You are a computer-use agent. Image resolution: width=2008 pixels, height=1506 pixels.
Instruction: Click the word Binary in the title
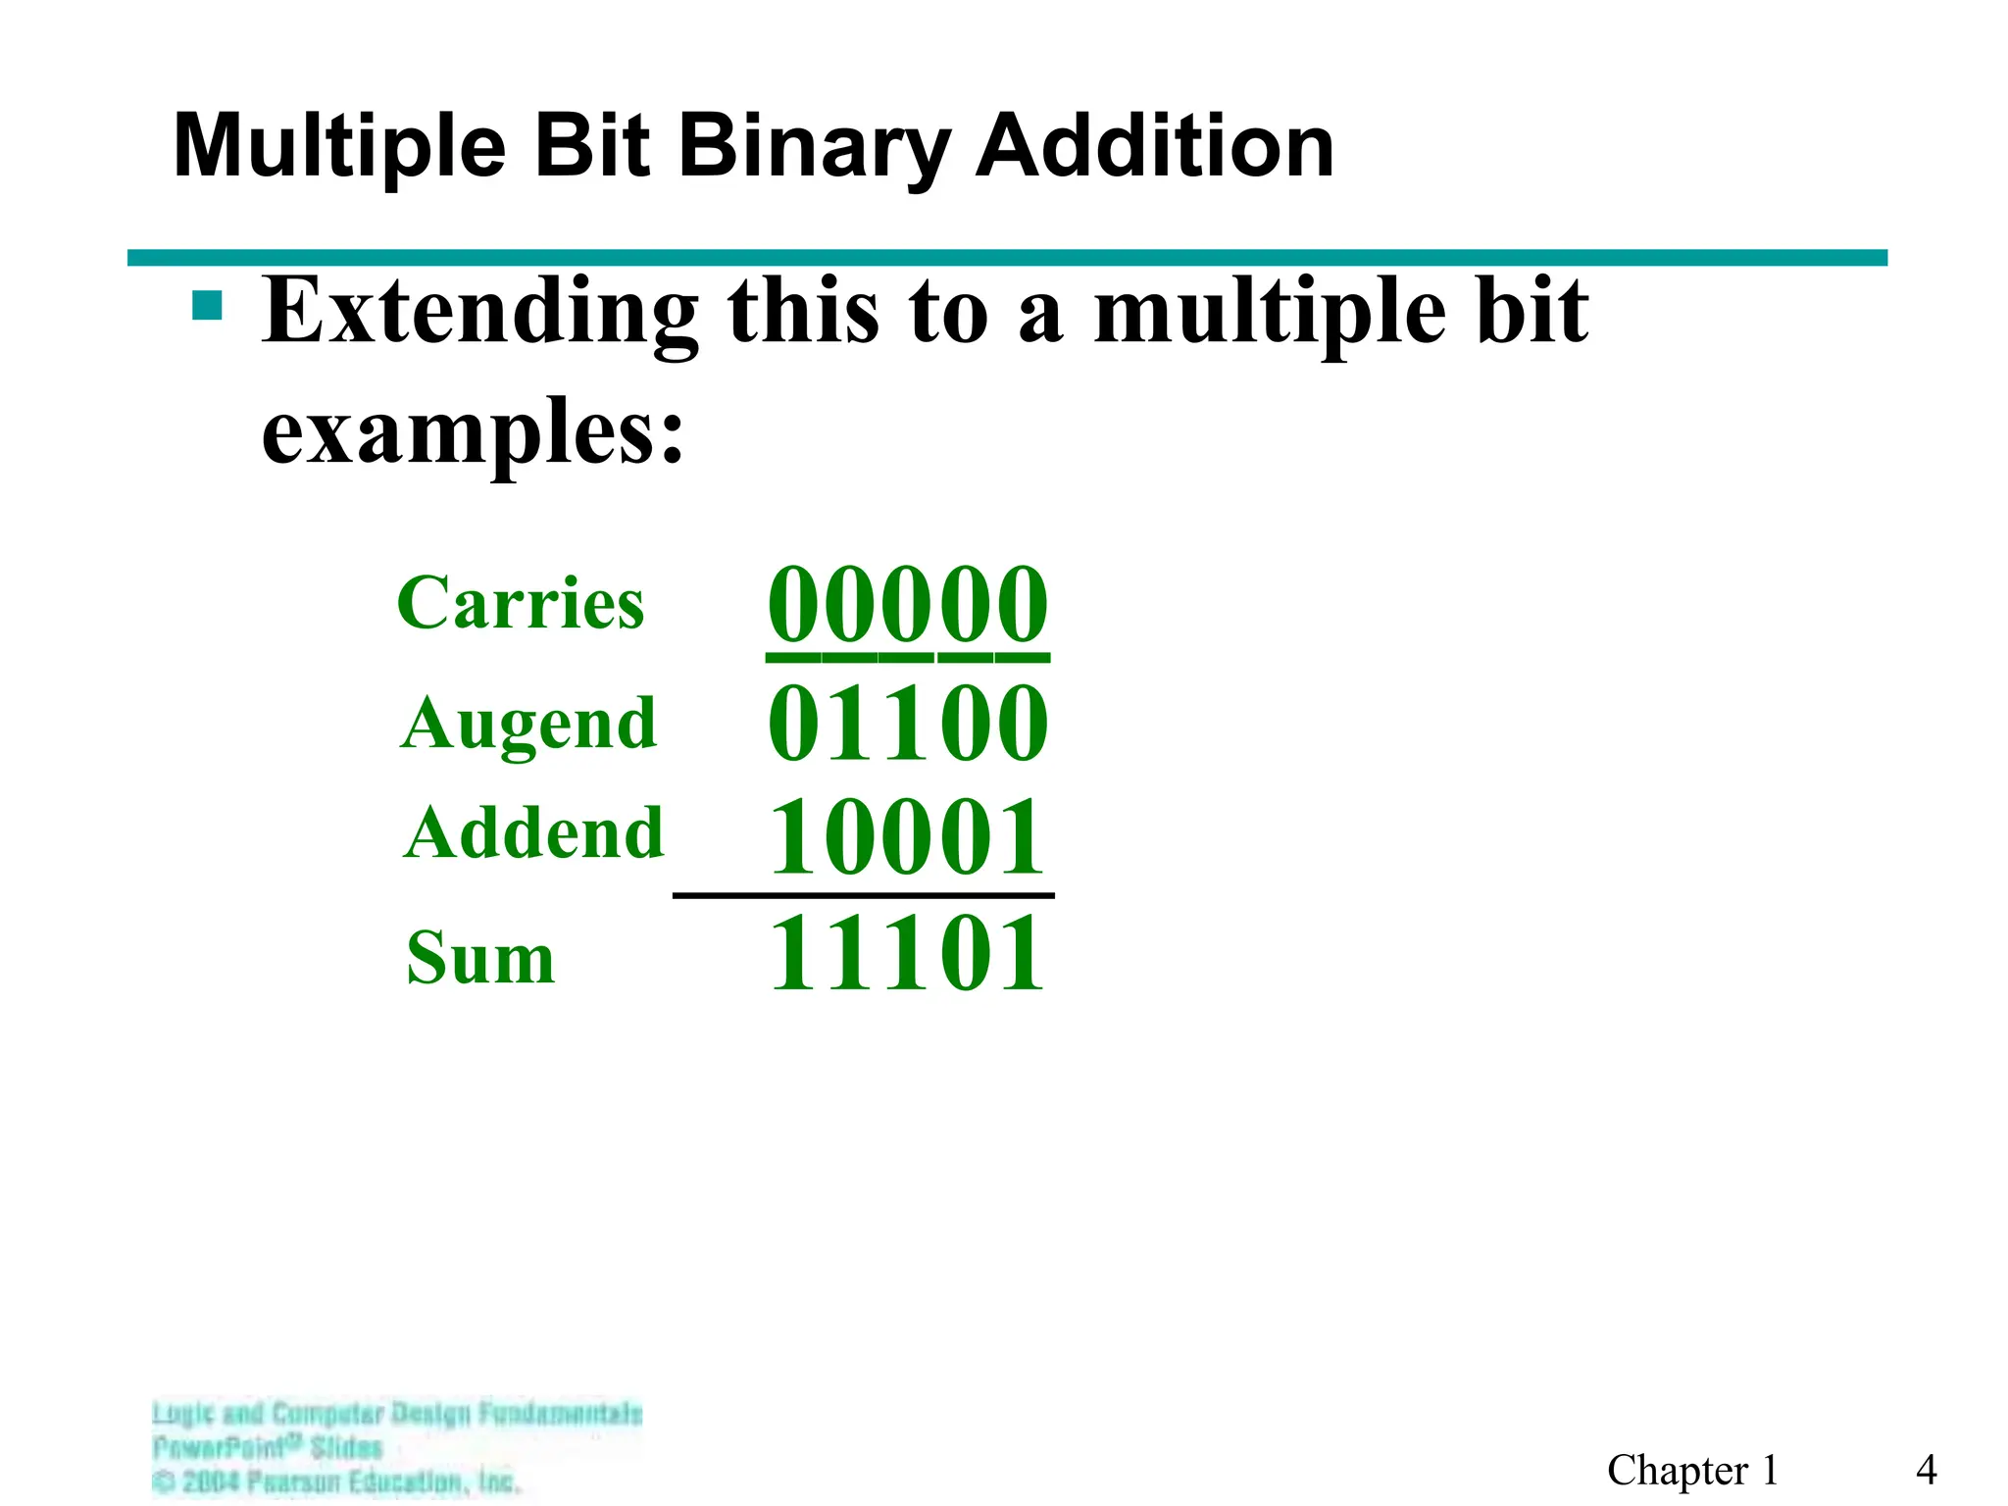814,147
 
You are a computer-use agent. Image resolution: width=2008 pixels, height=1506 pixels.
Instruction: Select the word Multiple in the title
339,147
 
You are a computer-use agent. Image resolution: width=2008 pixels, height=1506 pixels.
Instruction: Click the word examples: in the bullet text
472,431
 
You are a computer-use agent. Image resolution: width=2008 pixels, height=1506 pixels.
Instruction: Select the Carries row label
521,602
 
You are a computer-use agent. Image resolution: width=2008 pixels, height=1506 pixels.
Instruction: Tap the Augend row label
528,724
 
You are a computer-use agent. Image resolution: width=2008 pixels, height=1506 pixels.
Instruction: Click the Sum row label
480,958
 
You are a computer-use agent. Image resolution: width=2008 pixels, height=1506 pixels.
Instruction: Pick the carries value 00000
907,604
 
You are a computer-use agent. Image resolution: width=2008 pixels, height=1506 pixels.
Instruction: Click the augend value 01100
907,724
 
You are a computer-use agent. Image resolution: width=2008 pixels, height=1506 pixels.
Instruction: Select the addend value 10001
907,836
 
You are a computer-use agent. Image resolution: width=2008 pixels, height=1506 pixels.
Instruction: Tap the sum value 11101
907,953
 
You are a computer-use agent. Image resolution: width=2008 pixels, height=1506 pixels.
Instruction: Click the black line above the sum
863,895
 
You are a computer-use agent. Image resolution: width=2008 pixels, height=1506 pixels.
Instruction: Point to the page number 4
1926,1470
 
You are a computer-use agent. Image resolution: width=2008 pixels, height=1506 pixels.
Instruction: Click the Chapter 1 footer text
1692,1470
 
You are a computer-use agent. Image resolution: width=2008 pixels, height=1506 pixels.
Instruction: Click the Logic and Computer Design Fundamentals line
397,1414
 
